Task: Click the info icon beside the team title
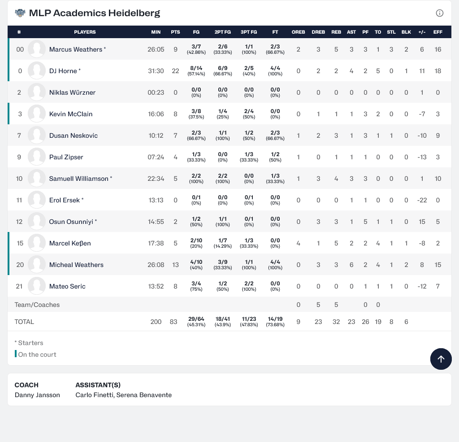click(440, 13)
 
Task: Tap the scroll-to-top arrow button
click(441, 359)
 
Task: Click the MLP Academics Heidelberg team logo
click(20, 13)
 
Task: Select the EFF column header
click(438, 32)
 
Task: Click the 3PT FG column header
click(249, 32)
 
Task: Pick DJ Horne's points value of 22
click(175, 71)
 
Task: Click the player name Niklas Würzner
click(72, 92)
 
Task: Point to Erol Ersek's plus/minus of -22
click(422, 200)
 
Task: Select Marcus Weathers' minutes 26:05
click(156, 49)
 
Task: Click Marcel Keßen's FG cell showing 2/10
click(196, 243)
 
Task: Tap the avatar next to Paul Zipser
click(37, 157)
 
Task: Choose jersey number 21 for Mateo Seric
click(19, 286)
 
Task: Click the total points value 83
click(173, 322)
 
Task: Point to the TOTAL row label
click(24, 322)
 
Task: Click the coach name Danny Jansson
click(37, 395)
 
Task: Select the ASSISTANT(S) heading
click(98, 385)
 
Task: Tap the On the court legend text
click(37, 354)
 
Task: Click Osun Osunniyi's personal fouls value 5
click(365, 222)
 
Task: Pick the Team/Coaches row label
click(37, 305)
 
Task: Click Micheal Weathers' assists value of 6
click(351, 265)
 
